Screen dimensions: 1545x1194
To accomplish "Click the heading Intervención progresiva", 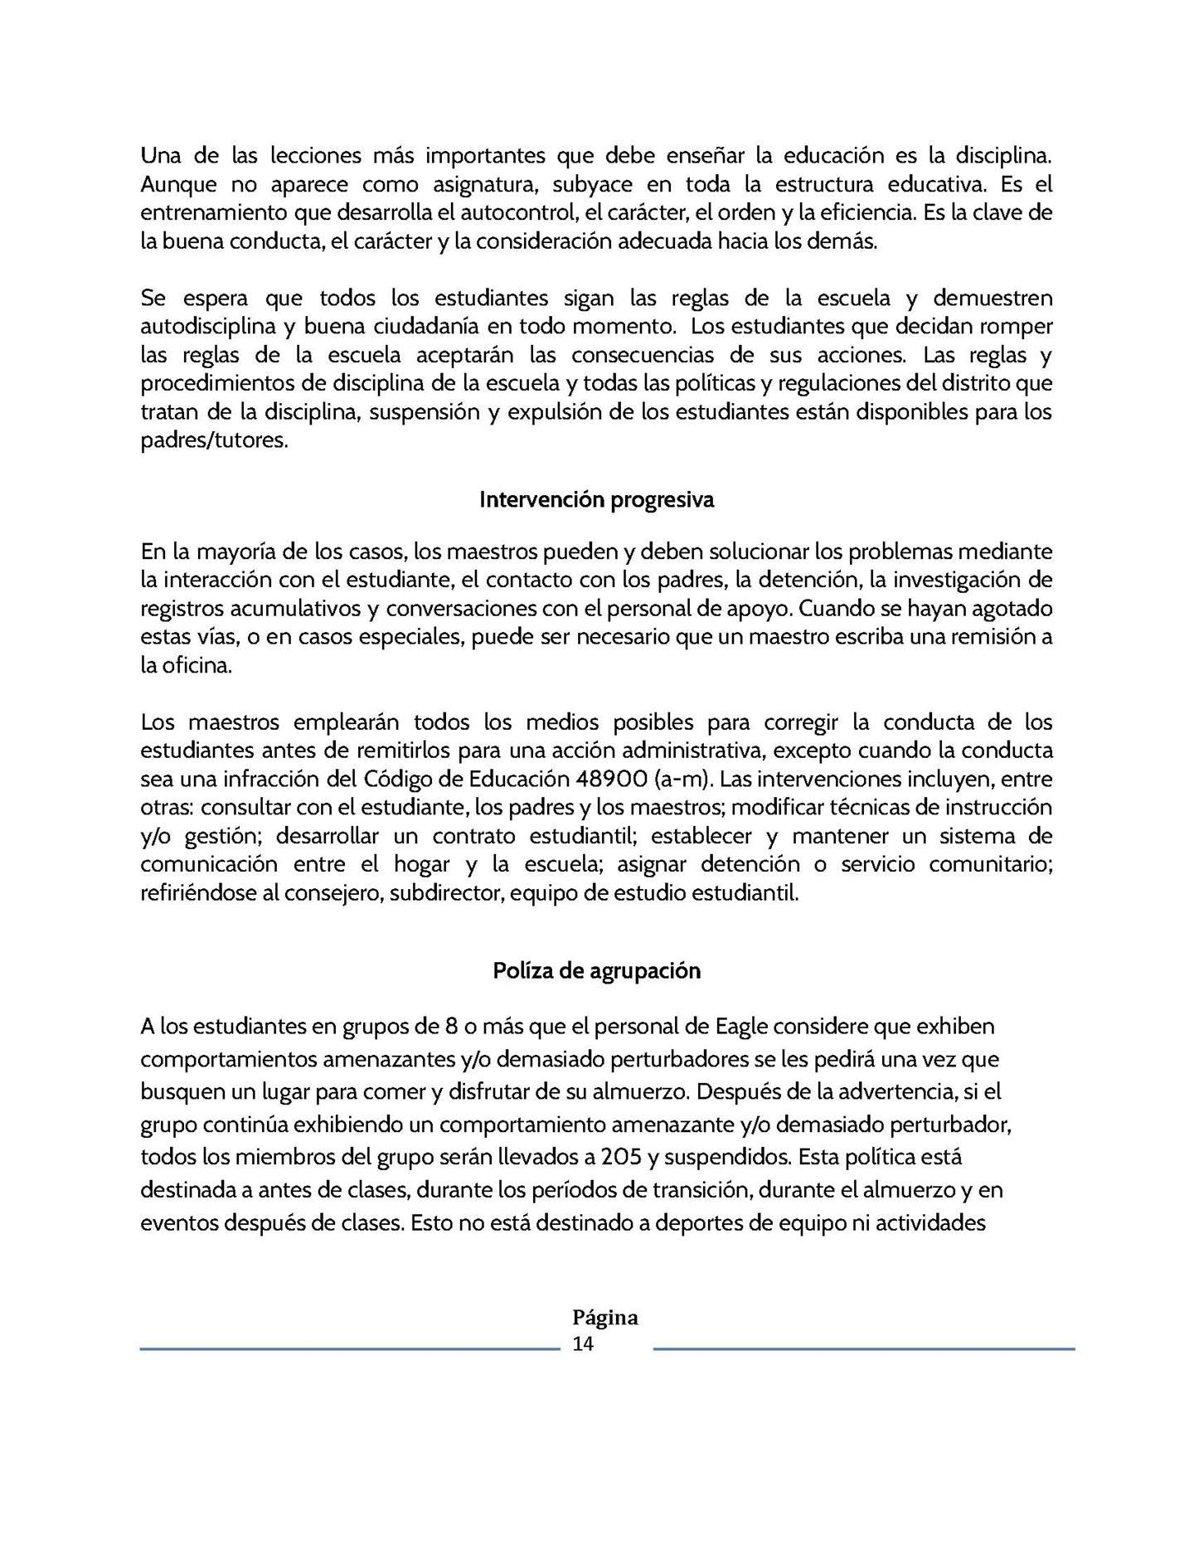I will coord(596,500).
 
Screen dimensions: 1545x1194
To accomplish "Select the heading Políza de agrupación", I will coord(596,970).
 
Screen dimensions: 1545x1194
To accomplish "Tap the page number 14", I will coord(583,1344).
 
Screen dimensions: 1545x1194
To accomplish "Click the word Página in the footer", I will coord(605,1318).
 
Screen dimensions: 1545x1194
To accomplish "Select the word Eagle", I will coord(741,1027).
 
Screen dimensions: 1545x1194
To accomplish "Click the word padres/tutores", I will coord(214,440).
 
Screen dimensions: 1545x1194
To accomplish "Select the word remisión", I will coord(981,637).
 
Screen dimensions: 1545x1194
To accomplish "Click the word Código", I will coord(399,779).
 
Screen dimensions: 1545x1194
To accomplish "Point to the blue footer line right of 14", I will coord(864,1349).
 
